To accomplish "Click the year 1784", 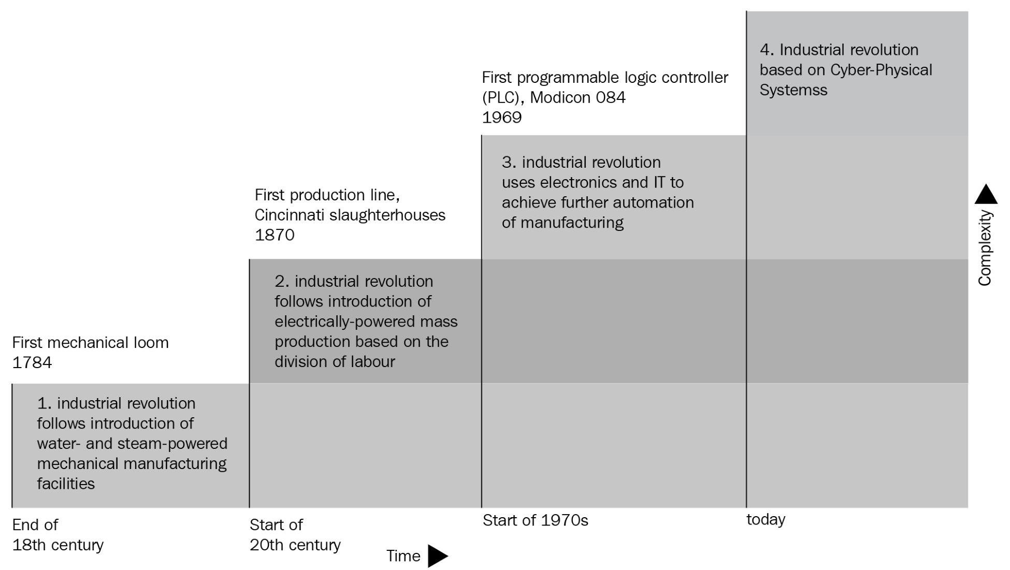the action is point(32,362).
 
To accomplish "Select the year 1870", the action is point(275,235).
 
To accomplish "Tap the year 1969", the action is point(502,118).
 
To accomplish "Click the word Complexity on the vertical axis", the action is point(985,247).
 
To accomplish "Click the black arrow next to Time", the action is point(438,556).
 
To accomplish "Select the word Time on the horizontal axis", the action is point(403,556).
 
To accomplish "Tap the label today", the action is point(766,519).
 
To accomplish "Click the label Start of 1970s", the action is point(536,520).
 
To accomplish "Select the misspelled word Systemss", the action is point(793,90).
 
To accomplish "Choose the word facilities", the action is point(66,484).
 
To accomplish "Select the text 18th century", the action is point(58,545).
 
